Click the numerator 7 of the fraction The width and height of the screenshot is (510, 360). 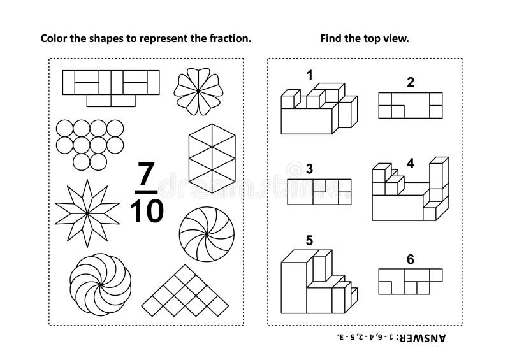pos(146,174)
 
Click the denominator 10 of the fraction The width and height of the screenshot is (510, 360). pos(146,210)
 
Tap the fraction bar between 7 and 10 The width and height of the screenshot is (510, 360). pos(146,191)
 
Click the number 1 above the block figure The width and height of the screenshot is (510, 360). pos(310,76)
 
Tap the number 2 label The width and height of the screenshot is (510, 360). pos(411,82)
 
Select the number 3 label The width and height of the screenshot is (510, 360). pos(310,169)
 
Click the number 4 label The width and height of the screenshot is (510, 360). pos(411,163)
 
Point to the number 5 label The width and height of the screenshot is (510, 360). pos(310,240)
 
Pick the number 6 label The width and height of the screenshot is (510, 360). pos(411,260)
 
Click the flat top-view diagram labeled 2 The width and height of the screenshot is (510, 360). pos(411,105)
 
